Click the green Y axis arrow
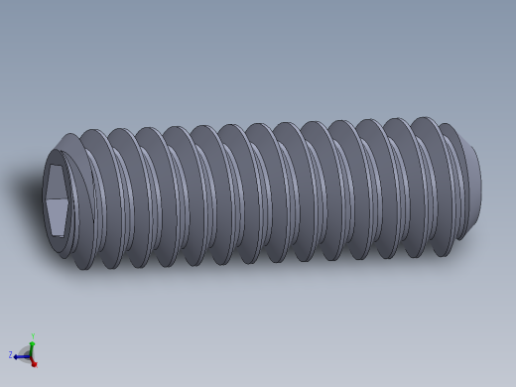point(32,343)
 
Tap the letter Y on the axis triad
point(33,336)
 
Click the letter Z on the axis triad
point(11,354)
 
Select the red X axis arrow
point(33,362)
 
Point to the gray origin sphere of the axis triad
point(27,353)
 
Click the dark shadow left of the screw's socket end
point(30,189)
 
